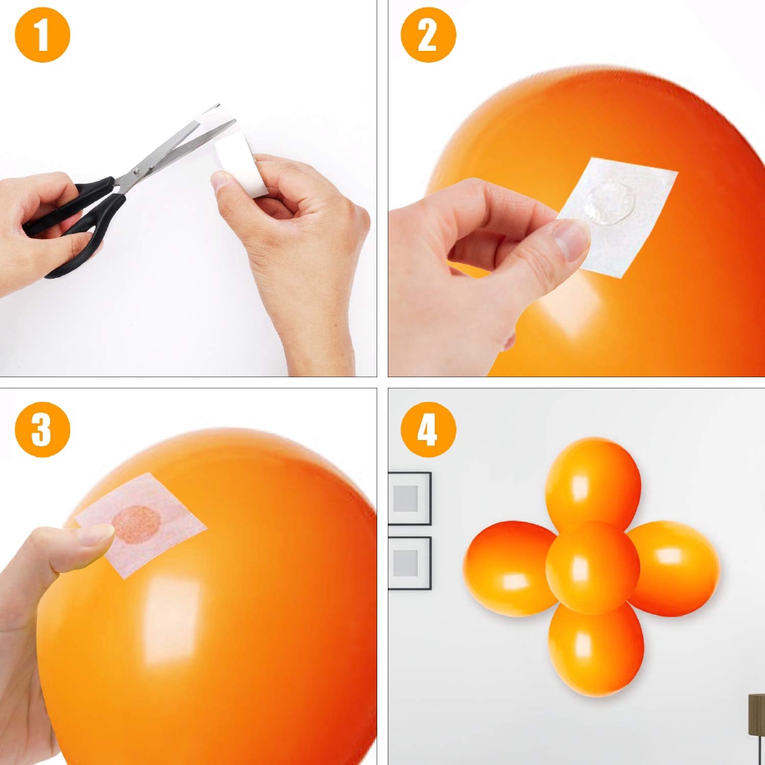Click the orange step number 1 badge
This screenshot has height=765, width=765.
43,34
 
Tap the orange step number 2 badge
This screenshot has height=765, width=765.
428,34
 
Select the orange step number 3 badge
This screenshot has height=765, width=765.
43,430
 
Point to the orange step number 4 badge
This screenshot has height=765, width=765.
428,430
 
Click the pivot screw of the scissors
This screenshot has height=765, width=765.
137,172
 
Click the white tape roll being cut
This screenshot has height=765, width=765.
239,156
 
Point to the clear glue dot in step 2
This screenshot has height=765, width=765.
610,203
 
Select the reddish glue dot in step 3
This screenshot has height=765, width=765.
136,524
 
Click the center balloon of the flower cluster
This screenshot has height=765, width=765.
592,568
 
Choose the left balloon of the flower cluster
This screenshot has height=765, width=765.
510,569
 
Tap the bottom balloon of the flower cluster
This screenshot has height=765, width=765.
595,649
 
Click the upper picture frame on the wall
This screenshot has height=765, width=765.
409,498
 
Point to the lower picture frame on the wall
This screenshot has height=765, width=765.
409,563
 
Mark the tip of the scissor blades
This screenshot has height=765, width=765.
219,105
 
